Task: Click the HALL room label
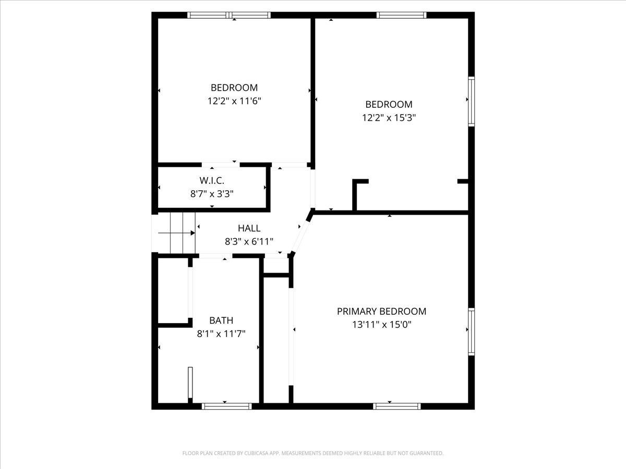[249, 228]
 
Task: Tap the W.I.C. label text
[212, 180]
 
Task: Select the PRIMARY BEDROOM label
[381, 311]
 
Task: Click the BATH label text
[221, 320]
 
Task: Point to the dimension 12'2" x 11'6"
[234, 101]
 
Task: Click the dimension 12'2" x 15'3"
[389, 118]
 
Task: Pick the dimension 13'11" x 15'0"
[381, 325]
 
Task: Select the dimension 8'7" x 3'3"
[212, 194]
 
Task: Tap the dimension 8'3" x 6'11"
[249, 242]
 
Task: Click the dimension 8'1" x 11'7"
[221, 334]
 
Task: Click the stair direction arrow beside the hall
[176, 233]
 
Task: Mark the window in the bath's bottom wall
[227, 406]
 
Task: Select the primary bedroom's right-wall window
[472, 331]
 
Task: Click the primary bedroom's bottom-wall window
[396, 406]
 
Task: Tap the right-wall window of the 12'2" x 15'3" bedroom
[472, 102]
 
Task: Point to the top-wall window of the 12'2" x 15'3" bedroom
[401, 15]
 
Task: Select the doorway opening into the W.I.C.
[221, 165]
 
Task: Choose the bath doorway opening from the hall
[215, 256]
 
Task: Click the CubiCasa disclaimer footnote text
[313, 453]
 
